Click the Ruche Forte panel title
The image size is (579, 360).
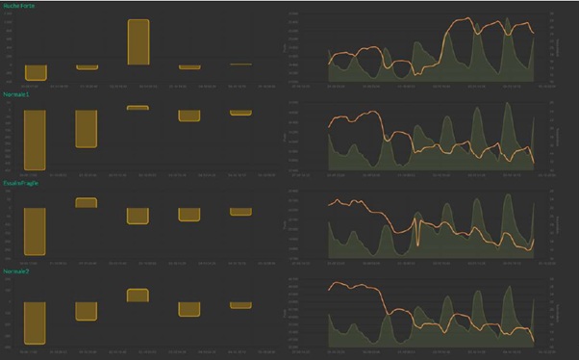point(18,6)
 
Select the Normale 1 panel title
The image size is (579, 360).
point(15,94)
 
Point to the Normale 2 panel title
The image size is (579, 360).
point(15,272)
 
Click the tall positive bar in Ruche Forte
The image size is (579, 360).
point(138,41)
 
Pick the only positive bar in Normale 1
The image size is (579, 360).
point(138,108)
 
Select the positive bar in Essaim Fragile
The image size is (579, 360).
point(87,203)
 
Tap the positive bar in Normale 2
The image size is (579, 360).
point(138,296)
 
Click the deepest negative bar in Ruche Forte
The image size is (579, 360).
point(36,73)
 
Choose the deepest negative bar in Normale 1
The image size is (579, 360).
point(36,139)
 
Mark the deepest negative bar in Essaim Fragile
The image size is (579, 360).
point(36,230)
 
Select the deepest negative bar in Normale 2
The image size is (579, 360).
point(36,322)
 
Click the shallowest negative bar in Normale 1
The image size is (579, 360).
point(240,113)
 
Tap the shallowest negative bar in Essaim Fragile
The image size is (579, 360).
point(240,212)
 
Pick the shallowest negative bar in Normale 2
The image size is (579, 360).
point(240,305)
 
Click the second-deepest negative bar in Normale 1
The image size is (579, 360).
point(87,129)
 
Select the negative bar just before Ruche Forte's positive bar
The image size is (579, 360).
point(87,67)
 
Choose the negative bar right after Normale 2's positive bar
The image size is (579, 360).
point(189,309)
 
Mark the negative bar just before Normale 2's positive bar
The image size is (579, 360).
point(87,311)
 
